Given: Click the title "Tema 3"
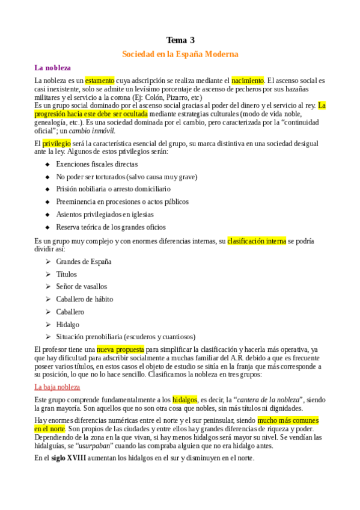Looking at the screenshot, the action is [180, 40].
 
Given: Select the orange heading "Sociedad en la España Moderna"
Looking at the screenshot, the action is [180, 54].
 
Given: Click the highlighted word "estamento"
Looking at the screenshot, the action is [99, 80].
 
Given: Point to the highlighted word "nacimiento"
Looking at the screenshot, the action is [248, 80].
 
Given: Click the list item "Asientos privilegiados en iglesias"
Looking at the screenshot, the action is [105, 214].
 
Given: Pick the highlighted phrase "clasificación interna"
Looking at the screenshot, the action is [257, 241].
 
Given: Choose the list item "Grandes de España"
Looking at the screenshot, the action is [84, 262].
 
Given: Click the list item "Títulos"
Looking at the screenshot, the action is [67, 274].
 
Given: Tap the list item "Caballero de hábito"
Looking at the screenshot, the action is [84, 299].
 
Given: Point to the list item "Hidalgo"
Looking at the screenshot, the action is [67, 324].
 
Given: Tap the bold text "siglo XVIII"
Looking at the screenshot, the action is [68, 458].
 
